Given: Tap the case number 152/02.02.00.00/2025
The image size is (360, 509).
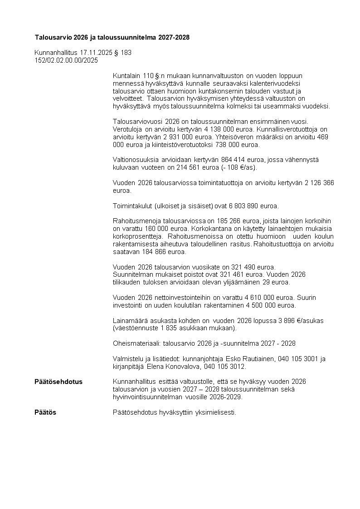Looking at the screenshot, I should pyautogui.click(x=66, y=60).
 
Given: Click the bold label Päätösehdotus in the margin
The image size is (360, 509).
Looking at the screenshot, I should pyautogui.click(x=58, y=382).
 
